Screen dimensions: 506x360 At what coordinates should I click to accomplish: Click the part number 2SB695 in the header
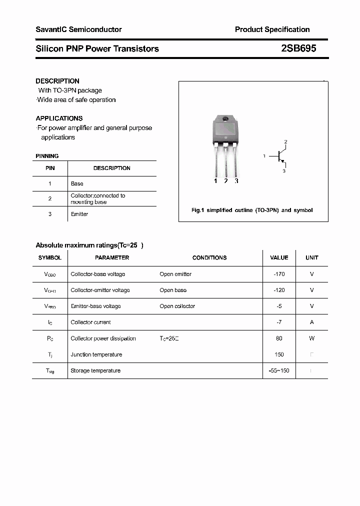tap(298, 48)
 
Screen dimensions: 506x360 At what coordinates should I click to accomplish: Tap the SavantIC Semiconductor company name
tap(78, 29)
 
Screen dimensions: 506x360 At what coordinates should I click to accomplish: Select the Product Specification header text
tap(272, 29)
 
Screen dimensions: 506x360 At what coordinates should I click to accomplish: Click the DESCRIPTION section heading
tap(57, 81)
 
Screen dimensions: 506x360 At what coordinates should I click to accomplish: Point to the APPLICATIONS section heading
tap(59, 118)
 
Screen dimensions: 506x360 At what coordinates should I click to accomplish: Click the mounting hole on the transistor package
tap(225, 119)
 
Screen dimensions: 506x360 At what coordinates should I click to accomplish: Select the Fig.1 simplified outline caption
tap(252, 210)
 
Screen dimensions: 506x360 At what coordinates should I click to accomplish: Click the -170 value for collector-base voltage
tap(279, 274)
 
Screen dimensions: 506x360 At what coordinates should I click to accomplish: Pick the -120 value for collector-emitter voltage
tap(279, 290)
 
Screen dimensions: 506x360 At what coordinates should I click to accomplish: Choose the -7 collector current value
tap(279, 322)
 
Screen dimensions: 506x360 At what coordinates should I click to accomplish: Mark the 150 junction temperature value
tap(279, 354)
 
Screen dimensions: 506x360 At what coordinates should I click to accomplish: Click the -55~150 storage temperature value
tap(279, 370)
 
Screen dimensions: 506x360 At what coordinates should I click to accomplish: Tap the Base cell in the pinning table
tap(77, 183)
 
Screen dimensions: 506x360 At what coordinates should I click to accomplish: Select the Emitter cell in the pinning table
tap(79, 214)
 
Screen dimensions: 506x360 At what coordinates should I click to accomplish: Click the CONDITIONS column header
tap(209, 257)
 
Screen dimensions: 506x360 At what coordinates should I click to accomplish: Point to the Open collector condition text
tap(177, 306)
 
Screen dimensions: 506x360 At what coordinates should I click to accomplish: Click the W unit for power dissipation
tap(311, 338)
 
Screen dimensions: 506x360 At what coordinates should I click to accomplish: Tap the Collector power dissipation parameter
tap(103, 338)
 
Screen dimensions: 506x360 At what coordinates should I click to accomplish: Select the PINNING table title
tap(47, 156)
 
